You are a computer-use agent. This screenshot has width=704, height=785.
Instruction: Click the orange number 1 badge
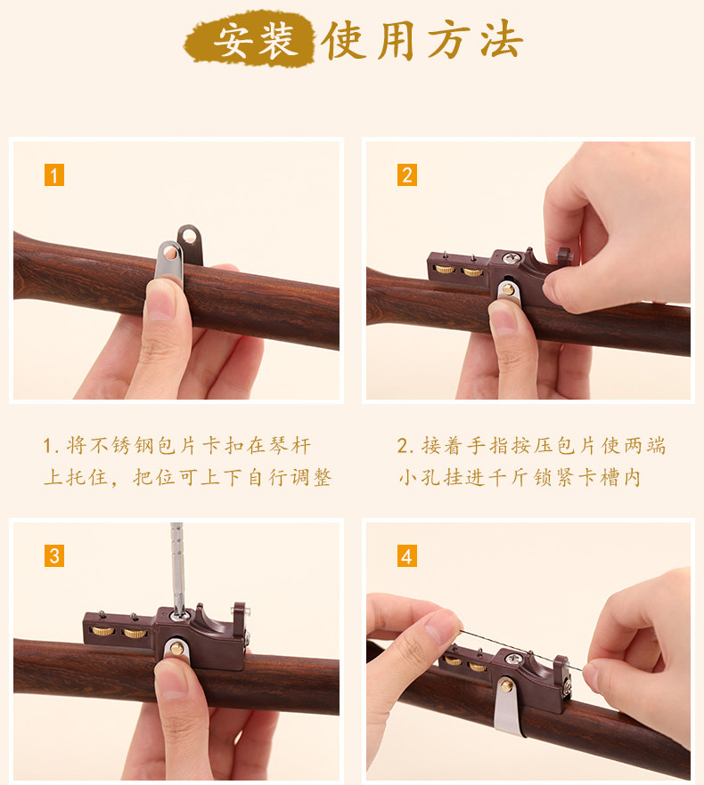[54, 175]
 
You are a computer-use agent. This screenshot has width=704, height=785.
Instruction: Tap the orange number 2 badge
[407, 175]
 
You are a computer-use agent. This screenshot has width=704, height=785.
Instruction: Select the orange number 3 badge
[54, 555]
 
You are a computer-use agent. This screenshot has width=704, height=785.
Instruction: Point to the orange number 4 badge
[407, 555]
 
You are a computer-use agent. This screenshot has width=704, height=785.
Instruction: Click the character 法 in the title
[502, 40]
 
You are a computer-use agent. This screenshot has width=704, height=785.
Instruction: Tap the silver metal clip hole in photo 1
[170, 253]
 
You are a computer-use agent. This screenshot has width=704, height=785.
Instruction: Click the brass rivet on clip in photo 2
[508, 289]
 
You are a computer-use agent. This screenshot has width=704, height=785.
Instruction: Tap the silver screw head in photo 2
[511, 258]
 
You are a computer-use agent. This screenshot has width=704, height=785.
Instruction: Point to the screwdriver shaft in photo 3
[177, 566]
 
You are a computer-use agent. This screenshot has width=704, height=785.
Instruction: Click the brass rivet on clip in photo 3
[176, 649]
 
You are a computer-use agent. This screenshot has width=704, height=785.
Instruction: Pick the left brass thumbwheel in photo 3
[102, 631]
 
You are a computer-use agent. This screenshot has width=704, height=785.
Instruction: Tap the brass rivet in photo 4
[507, 685]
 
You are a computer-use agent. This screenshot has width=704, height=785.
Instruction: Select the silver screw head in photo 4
[512, 659]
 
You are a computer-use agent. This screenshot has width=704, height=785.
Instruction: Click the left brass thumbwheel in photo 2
[445, 270]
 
